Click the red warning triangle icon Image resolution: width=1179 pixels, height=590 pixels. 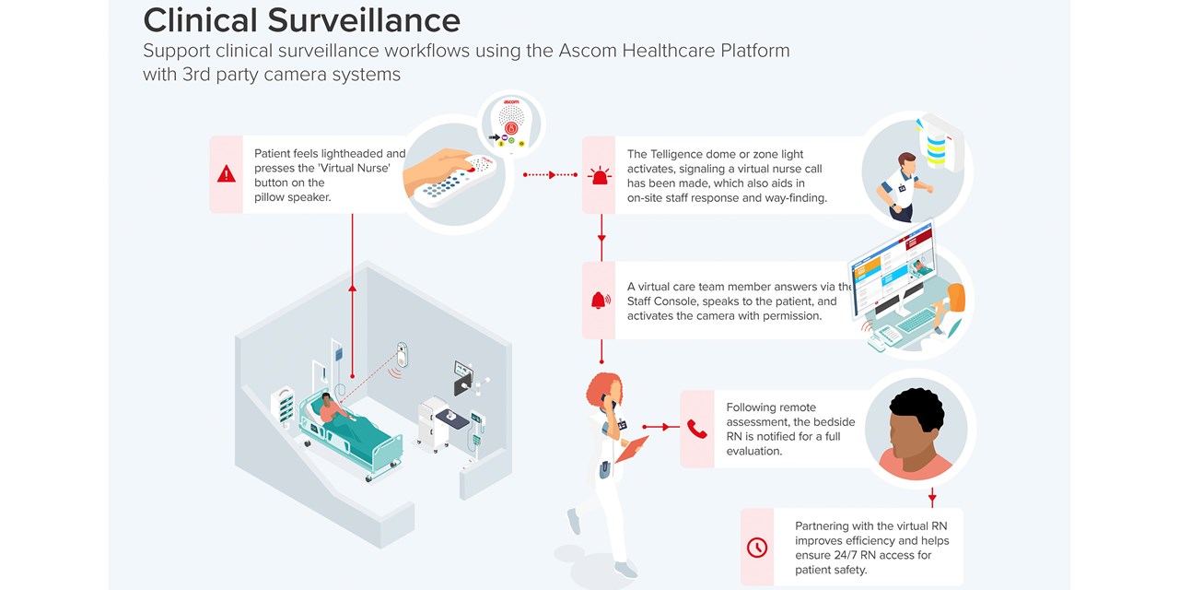tap(226, 173)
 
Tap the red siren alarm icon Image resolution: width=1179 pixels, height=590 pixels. tap(601, 174)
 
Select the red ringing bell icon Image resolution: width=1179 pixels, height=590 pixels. tap(601, 300)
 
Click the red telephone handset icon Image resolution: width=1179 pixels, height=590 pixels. tap(697, 428)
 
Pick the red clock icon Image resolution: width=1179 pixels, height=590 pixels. tap(756, 547)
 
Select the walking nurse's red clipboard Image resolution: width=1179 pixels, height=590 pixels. tap(631, 449)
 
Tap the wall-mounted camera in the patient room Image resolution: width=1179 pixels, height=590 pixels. tap(402, 355)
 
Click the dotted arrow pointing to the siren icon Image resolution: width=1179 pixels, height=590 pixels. tap(551, 174)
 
